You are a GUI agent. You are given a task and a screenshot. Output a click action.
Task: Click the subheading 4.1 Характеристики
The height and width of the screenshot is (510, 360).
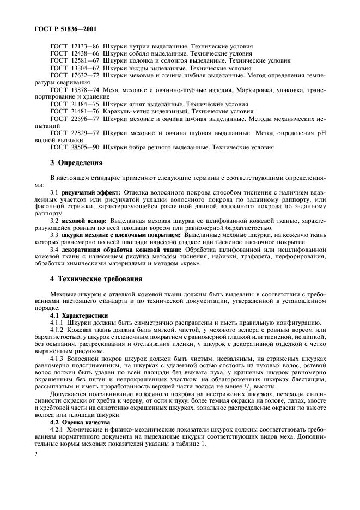coord(79,315)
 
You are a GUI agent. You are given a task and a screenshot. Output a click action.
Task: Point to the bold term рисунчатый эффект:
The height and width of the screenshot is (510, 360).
coord(90,192)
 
